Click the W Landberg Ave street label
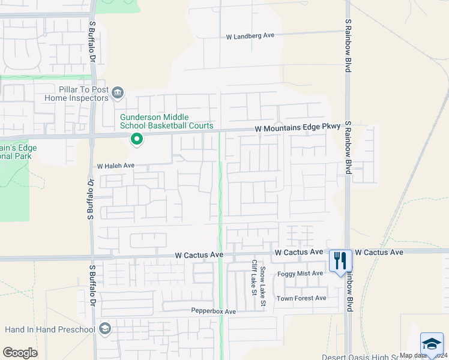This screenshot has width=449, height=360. point(250,36)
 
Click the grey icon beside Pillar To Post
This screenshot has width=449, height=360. point(118,92)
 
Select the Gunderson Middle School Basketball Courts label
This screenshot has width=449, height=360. point(166,121)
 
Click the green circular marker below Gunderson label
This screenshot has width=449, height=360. point(137,140)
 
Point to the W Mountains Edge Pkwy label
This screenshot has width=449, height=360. point(298,128)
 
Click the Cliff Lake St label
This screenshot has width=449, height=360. point(254,277)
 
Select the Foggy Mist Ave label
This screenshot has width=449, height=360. point(300,274)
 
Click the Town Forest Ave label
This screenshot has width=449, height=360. point(301,298)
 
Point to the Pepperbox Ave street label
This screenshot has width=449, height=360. point(214,311)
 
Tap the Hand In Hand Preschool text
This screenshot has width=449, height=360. point(50,329)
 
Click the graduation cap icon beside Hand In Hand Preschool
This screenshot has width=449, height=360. point(105,328)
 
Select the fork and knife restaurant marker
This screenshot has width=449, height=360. point(340,260)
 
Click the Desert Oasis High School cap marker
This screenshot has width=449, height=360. point(432,344)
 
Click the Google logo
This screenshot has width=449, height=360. point(20,353)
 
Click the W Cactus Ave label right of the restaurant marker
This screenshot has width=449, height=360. point(379,253)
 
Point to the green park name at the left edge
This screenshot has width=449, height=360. point(18,152)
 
